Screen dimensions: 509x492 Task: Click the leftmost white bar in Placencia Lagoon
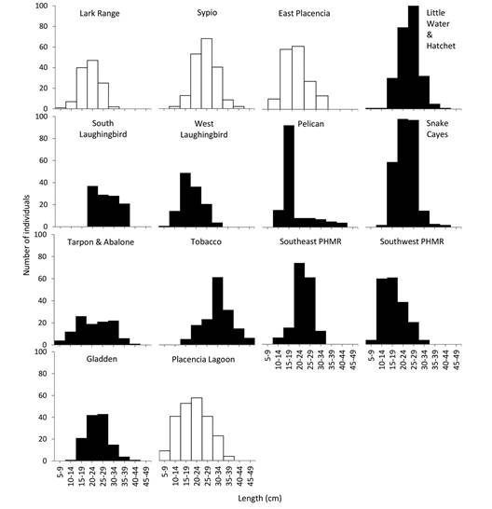pyautogui.click(x=164, y=455)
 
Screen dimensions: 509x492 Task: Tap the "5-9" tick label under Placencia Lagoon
pyautogui.click(x=164, y=474)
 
